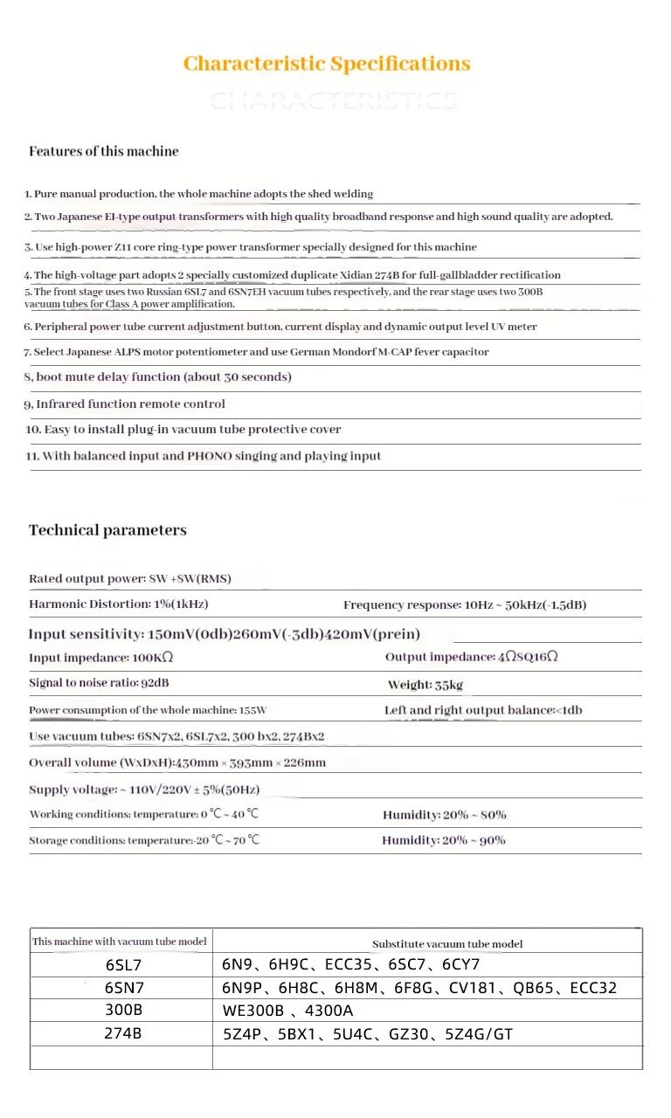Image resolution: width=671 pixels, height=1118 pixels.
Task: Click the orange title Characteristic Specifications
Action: click(x=327, y=64)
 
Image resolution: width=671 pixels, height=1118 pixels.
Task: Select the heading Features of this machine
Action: click(x=103, y=151)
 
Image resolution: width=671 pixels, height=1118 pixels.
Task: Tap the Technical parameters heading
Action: click(x=107, y=530)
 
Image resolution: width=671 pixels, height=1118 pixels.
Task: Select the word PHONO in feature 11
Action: click(x=209, y=456)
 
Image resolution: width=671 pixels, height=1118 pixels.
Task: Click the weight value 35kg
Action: click(x=449, y=685)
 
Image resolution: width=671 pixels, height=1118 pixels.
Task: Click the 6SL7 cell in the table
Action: click(x=122, y=965)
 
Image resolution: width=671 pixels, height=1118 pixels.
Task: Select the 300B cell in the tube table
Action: click(x=122, y=1011)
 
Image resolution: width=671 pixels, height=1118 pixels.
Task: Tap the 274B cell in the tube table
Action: click(x=122, y=1034)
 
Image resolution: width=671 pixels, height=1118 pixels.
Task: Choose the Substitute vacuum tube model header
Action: click(x=447, y=944)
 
